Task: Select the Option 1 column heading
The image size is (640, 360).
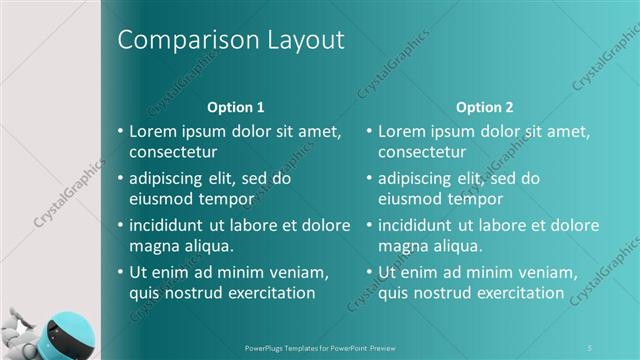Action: point(235,107)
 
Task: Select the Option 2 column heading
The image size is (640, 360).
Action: point(485,107)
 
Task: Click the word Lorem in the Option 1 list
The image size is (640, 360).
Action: point(152,131)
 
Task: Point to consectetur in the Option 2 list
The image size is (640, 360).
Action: point(422,152)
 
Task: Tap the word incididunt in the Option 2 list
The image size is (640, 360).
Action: point(420,225)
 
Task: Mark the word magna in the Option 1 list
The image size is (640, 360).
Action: point(152,246)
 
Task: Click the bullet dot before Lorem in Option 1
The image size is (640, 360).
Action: point(120,132)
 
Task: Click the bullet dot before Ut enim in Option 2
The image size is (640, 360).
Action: point(369,272)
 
